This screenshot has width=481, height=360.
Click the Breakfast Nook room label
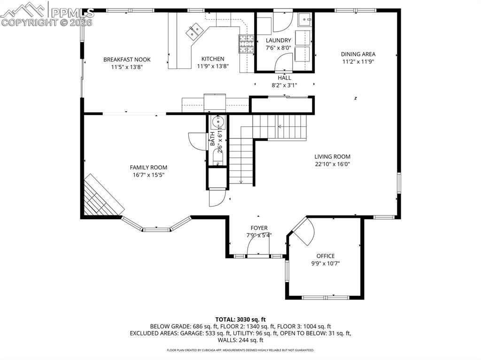coord(127,60)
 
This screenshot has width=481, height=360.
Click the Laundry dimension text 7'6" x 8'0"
coord(278,47)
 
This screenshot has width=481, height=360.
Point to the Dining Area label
coord(358,54)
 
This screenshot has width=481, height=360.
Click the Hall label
coord(284,78)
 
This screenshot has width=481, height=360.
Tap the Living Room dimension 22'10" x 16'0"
coord(333,164)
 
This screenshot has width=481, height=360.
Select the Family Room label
coord(148,168)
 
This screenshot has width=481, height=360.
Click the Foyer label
coord(259,228)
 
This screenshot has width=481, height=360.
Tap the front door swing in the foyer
coord(257,245)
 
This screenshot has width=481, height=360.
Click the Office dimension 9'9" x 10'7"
coord(325,263)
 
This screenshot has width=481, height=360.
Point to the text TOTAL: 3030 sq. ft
coord(240,319)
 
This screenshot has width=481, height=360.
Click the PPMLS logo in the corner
coord(47,14)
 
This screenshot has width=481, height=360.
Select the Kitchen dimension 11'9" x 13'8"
coord(212,66)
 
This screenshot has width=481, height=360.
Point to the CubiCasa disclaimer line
coord(240,350)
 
